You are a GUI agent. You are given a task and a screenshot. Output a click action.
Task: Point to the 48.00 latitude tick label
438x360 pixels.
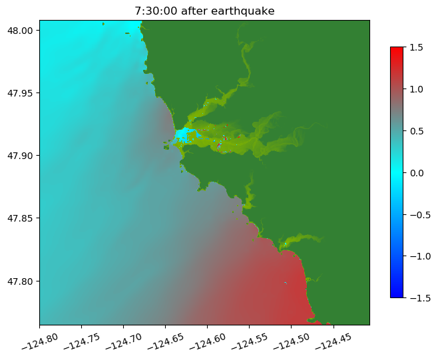click(x=21, y=31)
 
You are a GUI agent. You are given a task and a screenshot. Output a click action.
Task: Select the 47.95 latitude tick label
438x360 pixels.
click(x=21, y=93)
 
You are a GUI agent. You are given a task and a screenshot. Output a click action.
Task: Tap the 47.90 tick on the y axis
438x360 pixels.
click(x=21, y=156)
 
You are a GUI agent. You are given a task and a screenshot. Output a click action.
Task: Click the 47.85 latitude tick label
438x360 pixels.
click(x=21, y=218)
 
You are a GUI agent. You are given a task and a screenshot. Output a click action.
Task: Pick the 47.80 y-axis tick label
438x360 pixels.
click(x=21, y=281)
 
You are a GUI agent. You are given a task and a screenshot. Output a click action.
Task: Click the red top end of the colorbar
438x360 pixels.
click(x=397, y=50)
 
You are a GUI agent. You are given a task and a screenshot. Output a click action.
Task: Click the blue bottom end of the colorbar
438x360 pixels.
click(x=397, y=294)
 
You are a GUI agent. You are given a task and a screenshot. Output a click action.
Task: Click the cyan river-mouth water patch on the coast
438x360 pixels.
click(x=182, y=135)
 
